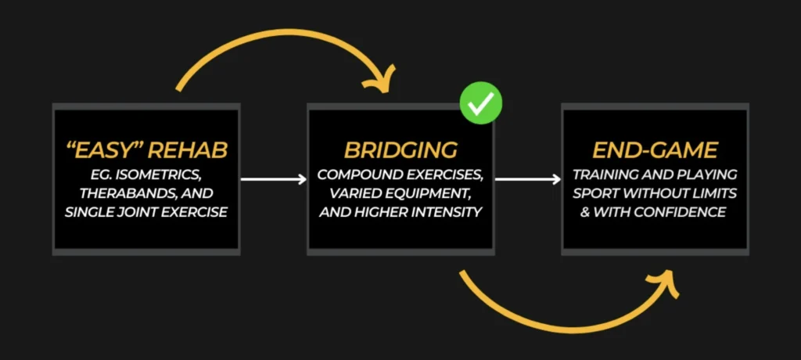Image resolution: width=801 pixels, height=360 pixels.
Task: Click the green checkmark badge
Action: click(x=480, y=103)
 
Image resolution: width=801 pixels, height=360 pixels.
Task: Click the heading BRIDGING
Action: click(x=400, y=149)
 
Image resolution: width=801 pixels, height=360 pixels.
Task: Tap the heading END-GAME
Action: click(x=655, y=149)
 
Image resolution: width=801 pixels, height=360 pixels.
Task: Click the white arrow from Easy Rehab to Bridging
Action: click(x=273, y=180)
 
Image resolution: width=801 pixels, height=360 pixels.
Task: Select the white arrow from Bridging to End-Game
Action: click(x=527, y=180)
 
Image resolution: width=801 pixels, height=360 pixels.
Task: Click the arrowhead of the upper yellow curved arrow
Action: click(x=384, y=80)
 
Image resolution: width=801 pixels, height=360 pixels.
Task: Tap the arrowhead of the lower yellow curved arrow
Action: click(x=665, y=282)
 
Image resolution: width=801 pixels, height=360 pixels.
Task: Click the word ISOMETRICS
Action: click(x=160, y=174)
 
